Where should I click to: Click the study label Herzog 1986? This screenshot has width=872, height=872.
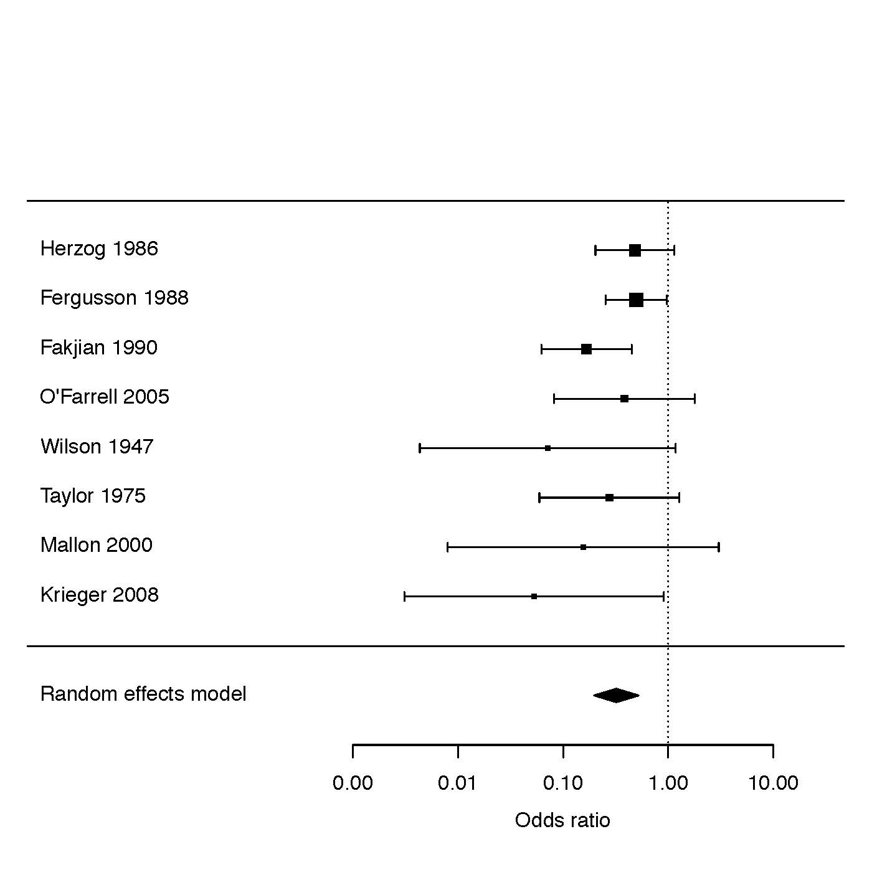(99, 249)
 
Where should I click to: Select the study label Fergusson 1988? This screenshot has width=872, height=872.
(114, 298)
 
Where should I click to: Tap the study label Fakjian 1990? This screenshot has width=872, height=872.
(98, 348)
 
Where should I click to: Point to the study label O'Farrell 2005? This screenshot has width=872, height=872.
(105, 397)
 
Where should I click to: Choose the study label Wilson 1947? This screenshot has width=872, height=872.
(97, 447)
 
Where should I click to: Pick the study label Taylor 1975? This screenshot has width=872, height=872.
(93, 496)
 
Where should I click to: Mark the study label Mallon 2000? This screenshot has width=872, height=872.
(96, 545)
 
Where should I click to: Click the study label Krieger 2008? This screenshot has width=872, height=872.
(99, 595)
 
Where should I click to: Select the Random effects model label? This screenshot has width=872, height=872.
(143, 694)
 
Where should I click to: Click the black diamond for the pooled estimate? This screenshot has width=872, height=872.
(616, 695)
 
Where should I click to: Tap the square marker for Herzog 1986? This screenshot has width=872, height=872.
(635, 250)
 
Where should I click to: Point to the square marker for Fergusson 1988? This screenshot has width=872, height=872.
(636, 300)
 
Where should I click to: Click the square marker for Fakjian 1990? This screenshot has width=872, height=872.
(586, 349)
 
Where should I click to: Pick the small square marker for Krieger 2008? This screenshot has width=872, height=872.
(534, 597)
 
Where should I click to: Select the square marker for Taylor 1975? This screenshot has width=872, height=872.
(609, 498)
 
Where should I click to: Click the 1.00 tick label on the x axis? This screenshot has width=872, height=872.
(668, 784)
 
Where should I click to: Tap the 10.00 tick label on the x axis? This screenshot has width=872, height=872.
(773, 784)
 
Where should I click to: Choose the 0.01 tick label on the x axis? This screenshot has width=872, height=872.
(458, 784)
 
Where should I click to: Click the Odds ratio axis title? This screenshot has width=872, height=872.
(562, 820)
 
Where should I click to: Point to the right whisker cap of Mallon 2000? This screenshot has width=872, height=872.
(719, 547)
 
